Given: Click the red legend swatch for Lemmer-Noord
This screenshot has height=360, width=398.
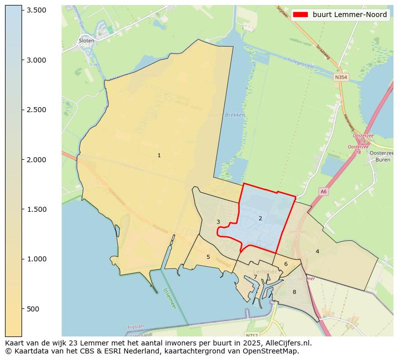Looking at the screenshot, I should [301, 15].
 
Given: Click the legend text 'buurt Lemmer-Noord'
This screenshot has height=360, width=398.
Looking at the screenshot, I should [349, 15].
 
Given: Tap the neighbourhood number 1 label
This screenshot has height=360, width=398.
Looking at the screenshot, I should [159, 155].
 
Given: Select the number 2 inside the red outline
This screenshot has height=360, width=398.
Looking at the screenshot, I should [260, 218].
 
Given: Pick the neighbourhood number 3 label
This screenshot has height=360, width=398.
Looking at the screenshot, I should [218, 222].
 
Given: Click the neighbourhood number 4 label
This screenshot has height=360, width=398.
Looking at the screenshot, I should [317, 251].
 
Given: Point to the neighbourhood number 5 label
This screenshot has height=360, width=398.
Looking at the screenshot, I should [208, 257].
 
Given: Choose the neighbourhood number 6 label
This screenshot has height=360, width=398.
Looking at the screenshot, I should [286, 264].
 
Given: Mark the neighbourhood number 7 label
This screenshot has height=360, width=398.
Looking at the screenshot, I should [255, 277].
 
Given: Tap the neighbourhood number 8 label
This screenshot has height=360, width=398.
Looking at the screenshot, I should [294, 292].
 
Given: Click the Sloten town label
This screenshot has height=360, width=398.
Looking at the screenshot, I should [86, 41].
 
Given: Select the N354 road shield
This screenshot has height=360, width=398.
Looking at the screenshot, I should [341, 77].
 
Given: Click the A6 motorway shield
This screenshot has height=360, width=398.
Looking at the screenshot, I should [323, 191].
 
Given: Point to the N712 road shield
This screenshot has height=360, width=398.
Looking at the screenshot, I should [252, 334].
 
